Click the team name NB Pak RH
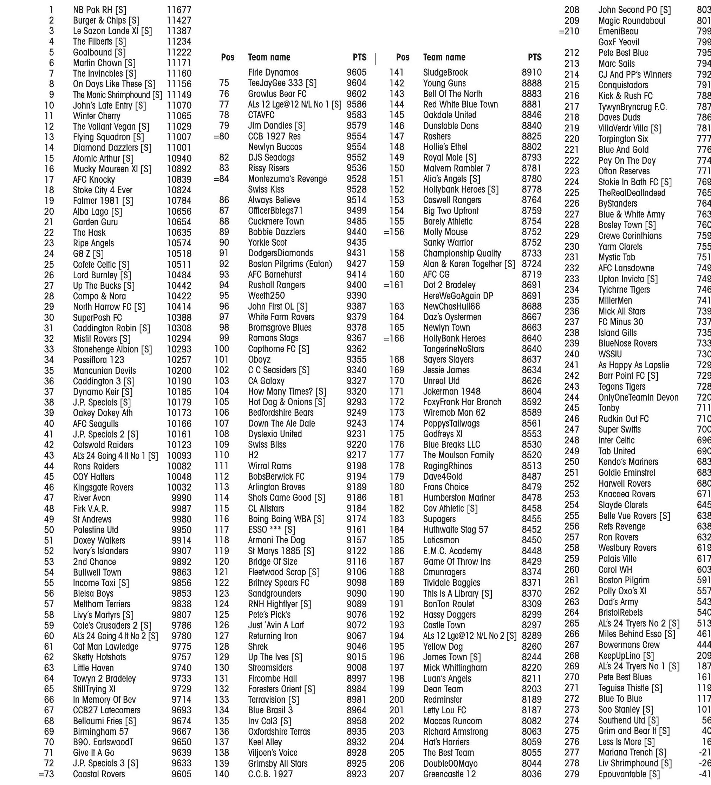point(99,10)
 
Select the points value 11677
point(179,10)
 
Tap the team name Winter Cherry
point(97,116)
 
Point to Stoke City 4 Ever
point(103,190)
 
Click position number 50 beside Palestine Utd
point(49,530)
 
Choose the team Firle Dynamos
point(273,72)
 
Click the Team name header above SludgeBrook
point(444,57)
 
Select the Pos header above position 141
point(403,57)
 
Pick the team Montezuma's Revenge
point(287,179)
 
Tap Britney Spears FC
point(279,583)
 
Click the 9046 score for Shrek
point(356,647)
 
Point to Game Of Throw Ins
point(456,562)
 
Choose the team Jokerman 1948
point(452,391)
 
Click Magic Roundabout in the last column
point(632,21)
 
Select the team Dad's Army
point(618,602)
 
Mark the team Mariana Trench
point(632,752)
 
